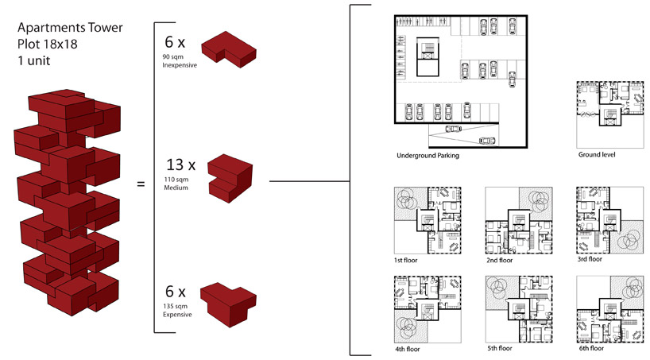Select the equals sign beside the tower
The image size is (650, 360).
(141, 184)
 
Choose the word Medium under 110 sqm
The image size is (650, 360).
(173, 188)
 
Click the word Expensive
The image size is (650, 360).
(176, 315)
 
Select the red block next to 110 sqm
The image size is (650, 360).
(230, 176)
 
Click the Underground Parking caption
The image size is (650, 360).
(428, 156)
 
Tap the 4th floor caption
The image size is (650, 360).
(408, 348)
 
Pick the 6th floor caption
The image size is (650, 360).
(590, 348)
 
